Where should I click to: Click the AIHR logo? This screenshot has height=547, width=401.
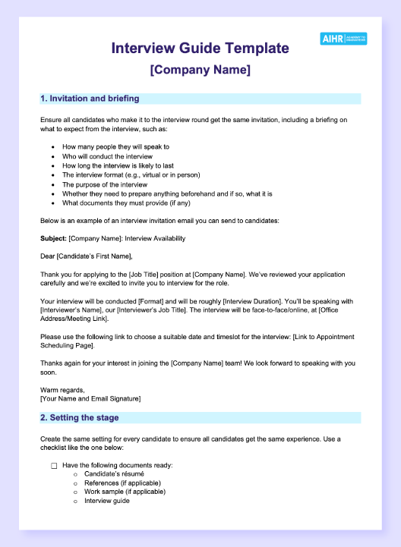343,39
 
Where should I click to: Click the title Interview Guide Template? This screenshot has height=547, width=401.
200,49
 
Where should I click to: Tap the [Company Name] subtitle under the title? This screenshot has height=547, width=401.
200,71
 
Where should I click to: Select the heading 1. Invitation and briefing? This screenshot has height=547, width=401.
90,99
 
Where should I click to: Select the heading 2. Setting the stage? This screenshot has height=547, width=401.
79,417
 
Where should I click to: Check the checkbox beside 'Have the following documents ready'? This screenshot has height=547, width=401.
54,465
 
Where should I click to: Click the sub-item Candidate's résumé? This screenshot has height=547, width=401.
114,473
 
